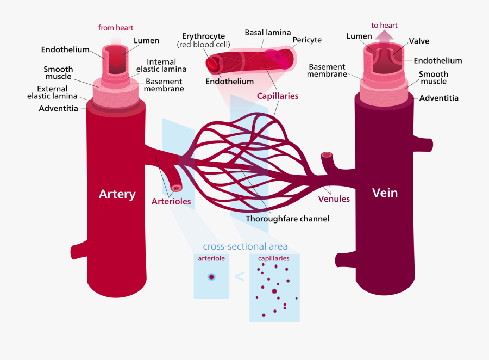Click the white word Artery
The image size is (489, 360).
tap(117, 194)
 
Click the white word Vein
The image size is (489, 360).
tap(385, 193)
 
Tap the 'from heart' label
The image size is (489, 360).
tap(116, 28)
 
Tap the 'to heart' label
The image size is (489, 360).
tap(384, 26)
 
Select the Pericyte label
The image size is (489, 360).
tap(307, 40)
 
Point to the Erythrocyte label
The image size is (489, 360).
tap(203, 36)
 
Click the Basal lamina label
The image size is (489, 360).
tap(268, 33)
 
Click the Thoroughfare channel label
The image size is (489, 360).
tap(287, 219)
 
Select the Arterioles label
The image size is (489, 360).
tap(171, 202)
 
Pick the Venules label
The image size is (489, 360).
tap(334, 198)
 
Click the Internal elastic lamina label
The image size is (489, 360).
tap(161, 65)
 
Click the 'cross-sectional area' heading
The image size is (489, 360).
tap(245, 246)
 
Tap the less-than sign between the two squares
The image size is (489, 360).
tap(240, 277)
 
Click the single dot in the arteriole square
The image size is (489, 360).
tap(211, 277)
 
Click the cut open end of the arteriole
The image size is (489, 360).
tap(176, 188)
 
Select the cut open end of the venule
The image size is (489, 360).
tap(327, 155)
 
